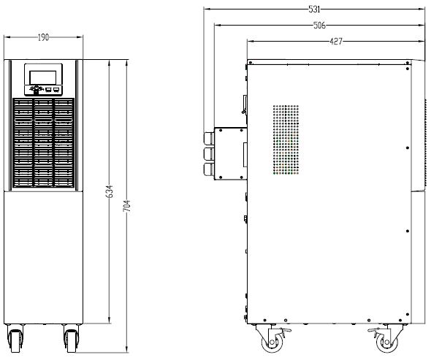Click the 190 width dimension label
coord(43,37)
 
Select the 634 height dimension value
coord(110,191)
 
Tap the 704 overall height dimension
coord(126,206)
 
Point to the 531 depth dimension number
coord(314,9)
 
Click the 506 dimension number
coord(319,26)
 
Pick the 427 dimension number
coord(336,42)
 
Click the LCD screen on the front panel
coord(43,77)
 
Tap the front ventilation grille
coord(43,142)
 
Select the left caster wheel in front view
coord(15,339)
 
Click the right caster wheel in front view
coord(71,339)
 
